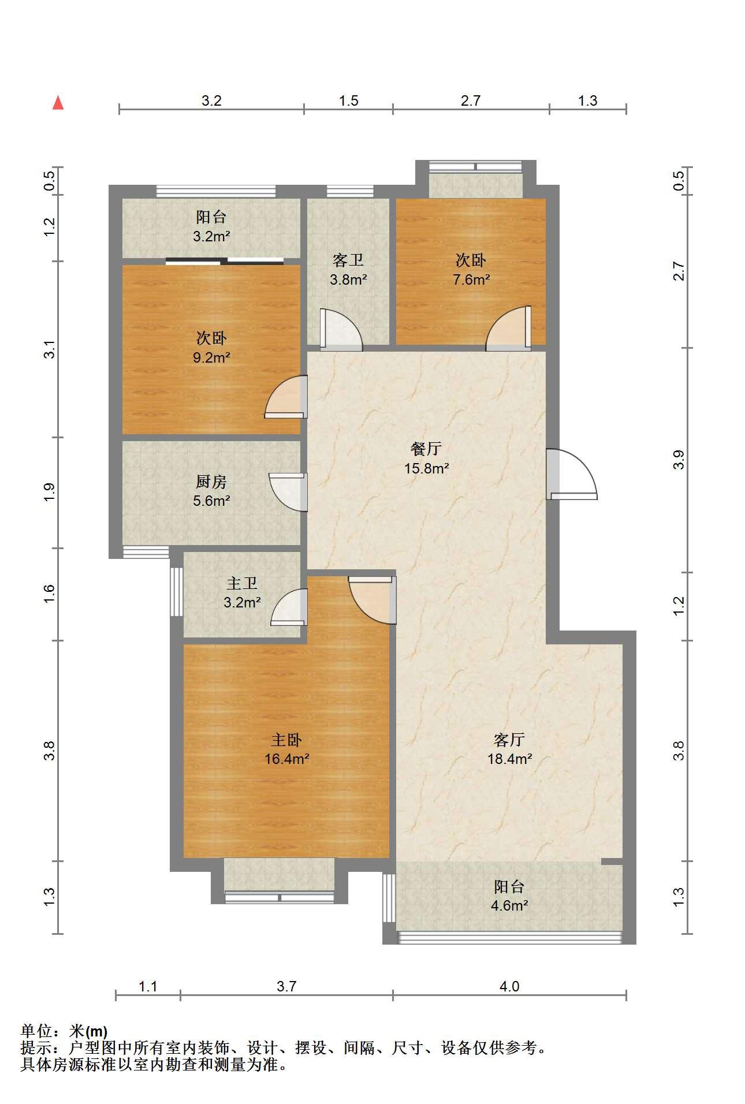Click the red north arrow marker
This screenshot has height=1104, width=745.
58,103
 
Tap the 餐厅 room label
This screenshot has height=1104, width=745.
426,448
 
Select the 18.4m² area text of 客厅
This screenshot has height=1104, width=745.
509,759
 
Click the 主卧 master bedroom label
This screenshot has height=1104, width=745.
286,740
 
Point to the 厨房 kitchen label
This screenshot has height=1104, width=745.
211,482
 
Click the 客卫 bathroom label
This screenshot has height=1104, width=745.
348,260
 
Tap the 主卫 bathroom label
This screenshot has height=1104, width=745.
242,584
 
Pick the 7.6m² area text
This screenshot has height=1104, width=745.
471,280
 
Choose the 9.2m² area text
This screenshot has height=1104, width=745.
211,357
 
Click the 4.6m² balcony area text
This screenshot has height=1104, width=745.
509,905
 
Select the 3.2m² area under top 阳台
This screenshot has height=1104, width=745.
211,236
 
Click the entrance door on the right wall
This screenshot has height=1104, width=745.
572,474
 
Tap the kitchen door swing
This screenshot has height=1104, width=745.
288,492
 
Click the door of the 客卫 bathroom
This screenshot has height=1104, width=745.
341,330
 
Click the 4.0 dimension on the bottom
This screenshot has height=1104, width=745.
509,986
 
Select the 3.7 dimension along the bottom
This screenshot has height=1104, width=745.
286,986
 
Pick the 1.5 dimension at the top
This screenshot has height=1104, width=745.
348,101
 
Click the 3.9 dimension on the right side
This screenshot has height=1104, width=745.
679,460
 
